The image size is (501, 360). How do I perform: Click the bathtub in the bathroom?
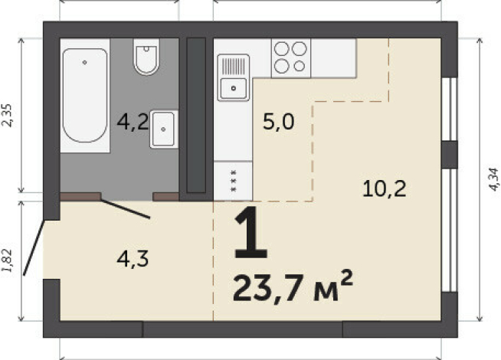[x=85, y=96]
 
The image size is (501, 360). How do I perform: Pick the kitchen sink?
[x=233, y=78]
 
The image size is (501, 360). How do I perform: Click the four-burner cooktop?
[x=291, y=57]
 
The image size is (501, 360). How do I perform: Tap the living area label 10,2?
[x=381, y=188]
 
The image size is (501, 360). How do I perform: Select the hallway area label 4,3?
[x=132, y=258]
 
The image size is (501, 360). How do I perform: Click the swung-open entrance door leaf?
[x=34, y=247]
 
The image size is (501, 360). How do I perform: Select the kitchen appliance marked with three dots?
[x=232, y=182]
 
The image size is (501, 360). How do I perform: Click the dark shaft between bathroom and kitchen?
[x=197, y=115]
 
